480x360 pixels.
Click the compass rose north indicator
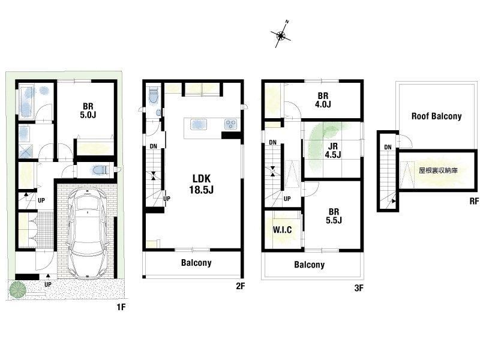click(x=281, y=35)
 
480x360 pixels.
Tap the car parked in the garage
click(x=88, y=233)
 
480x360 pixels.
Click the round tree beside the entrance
click(x=17, y=289)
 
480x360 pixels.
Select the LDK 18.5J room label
click(x=201, y=184)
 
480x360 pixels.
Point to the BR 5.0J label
click(x=88, y=110)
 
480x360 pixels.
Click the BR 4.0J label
click(x=323, y=100)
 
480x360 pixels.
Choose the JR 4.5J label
click(x=333, y=151)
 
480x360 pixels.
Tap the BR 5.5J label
click(x=334, y=216)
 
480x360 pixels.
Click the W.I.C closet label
click(x=282, y=230)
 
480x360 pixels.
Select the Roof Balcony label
click(x=437, y=116)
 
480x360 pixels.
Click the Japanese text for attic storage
click(x=438, y=170)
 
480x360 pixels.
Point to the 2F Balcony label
click(x=196, y=263)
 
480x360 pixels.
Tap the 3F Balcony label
click(x=309, y=265)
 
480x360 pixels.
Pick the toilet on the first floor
click(x=100, y=170)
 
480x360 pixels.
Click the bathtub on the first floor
click(x=26, y=102)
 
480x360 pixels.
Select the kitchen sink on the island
click(x=199, y=125)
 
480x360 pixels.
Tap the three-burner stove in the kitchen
click(x=230, y=124)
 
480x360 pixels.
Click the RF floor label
click(x=474, y=201)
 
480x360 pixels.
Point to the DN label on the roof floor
click(x=388, y=147)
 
